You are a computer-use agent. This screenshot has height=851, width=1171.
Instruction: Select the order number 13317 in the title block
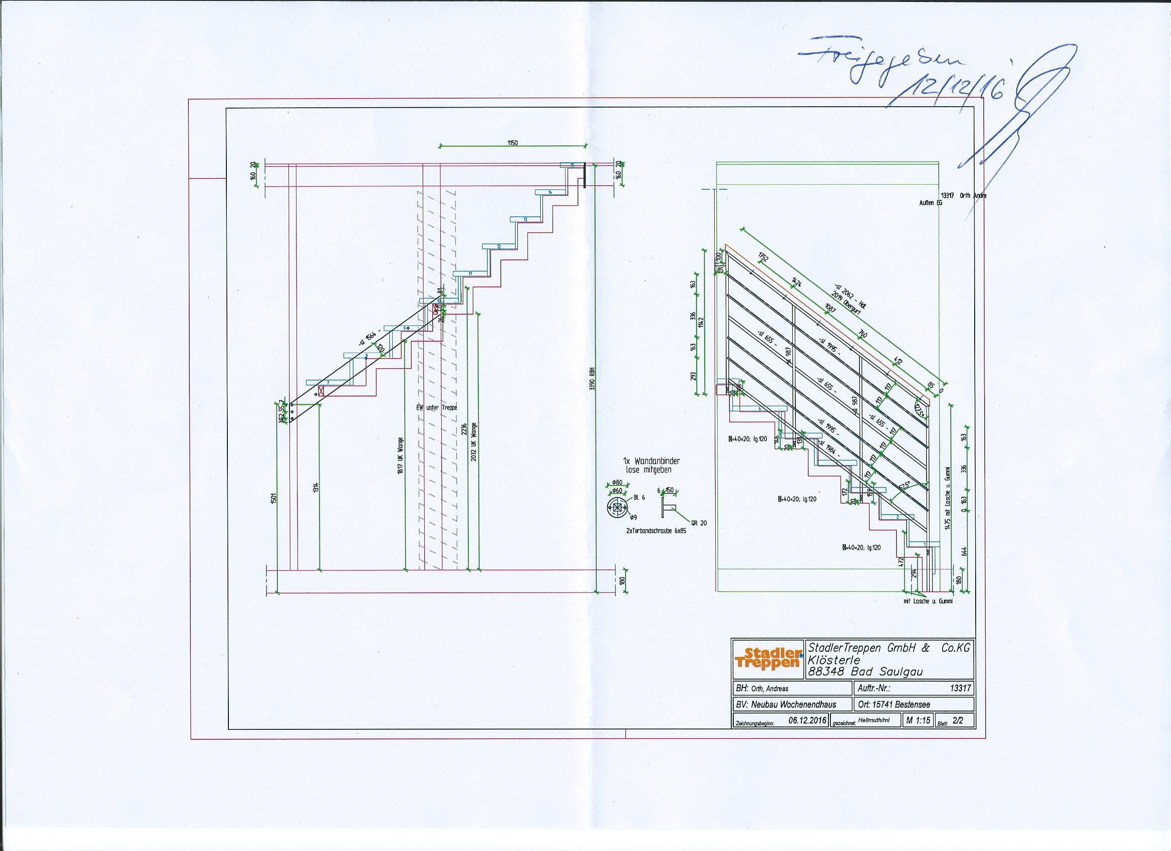click(x=960, y=688)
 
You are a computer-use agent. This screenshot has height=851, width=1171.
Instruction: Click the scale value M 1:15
click(x=918, y=720)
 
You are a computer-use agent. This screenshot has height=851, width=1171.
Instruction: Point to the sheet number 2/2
click(x=958, y=721)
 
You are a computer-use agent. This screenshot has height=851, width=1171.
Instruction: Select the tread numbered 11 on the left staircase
click(x=470, y=273)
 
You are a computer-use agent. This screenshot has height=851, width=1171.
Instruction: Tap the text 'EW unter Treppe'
click(x=437, y=407)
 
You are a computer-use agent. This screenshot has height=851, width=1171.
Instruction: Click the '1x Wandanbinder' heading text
click(x=650, y=461)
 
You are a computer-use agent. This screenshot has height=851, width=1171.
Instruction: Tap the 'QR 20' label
click(x=700, y=523)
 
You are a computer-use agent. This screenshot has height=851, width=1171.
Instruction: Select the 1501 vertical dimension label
click(x=273, y=499)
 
